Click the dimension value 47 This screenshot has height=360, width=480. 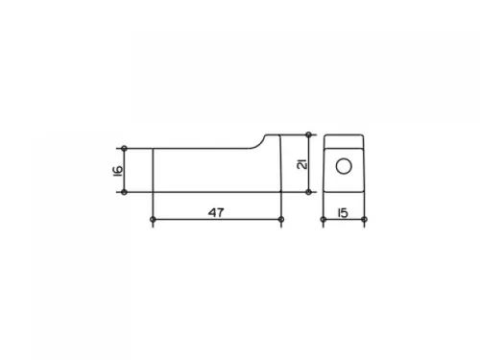tap(216, 212)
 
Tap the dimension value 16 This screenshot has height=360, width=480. tap(117, 171)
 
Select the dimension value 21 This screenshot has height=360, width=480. tap(302, 163)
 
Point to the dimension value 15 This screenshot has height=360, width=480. tap(343, 213)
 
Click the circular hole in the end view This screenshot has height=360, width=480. tap(344, 166)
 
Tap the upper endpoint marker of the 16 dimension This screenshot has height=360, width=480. tap(125, 149)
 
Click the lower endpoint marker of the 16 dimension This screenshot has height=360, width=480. tap(125, 192)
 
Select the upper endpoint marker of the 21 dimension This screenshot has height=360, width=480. tap(308, 134)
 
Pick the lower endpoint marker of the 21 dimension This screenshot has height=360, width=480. tap(308, 192)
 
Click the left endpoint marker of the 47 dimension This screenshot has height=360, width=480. tap(153, 220)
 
